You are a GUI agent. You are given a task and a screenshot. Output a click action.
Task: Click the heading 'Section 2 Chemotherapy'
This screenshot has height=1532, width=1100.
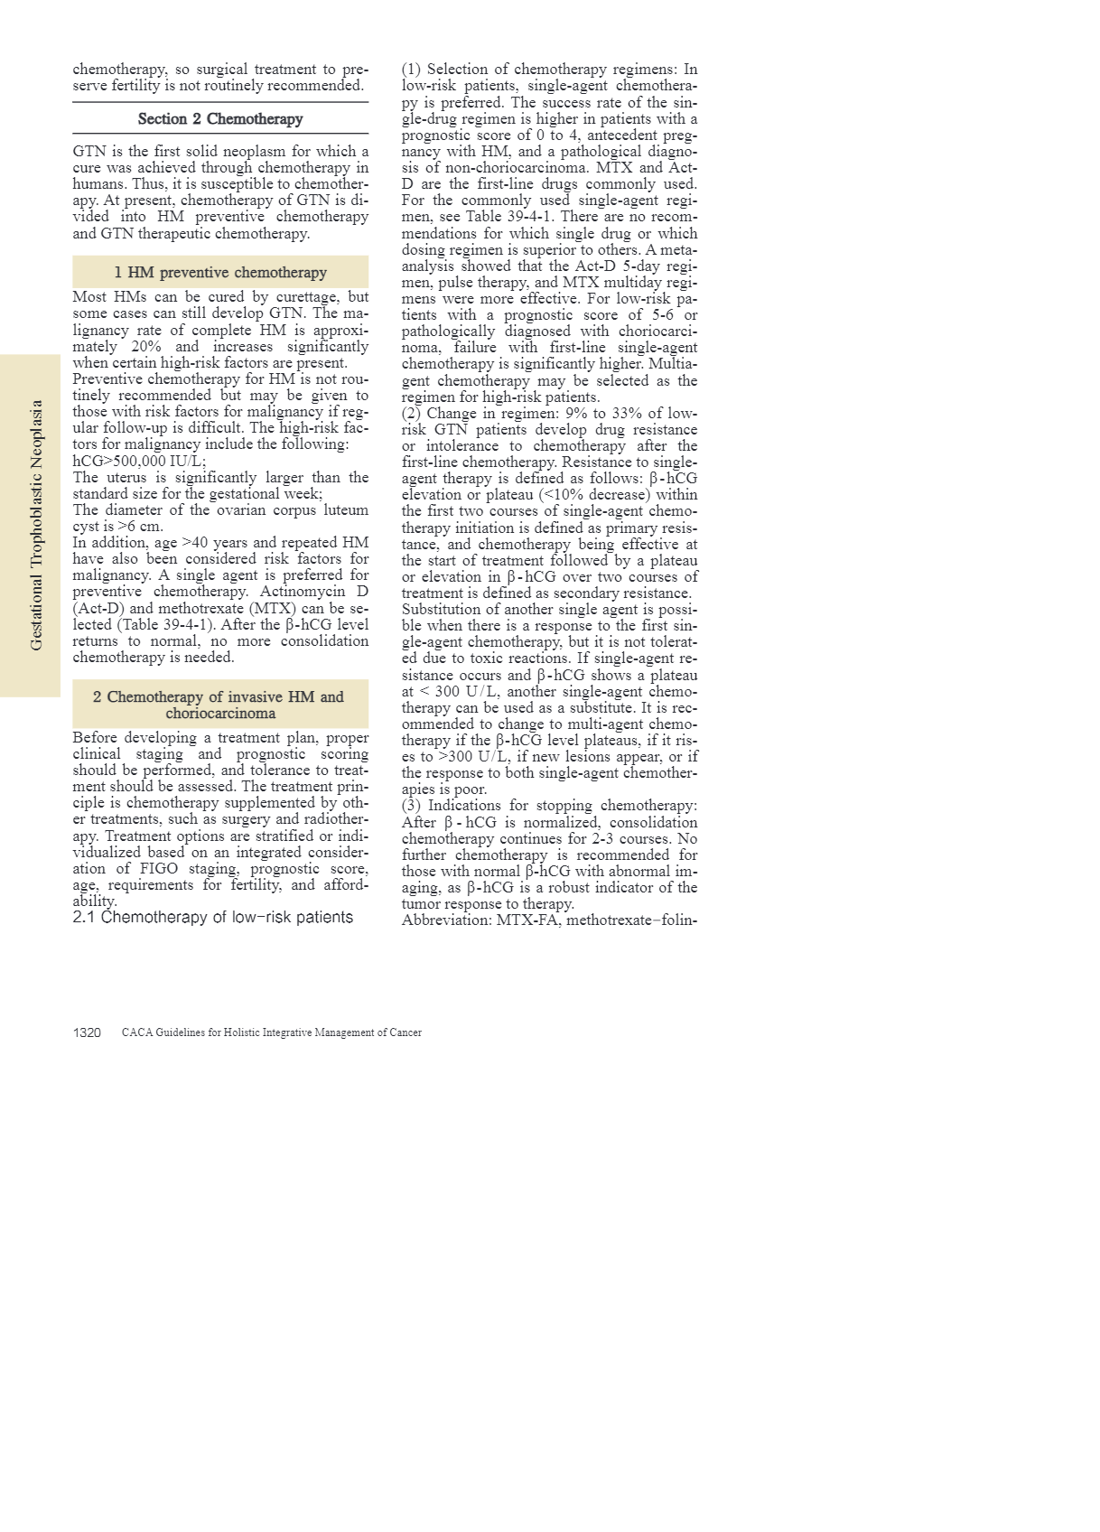(220, 119)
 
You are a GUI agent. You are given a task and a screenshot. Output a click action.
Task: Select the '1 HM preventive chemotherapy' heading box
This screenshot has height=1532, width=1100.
(220, 272)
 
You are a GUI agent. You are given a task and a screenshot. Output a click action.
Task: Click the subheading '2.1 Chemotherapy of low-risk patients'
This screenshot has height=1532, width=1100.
(213, 918)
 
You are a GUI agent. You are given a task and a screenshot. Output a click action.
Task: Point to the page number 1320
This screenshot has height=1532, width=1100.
(87, 1032)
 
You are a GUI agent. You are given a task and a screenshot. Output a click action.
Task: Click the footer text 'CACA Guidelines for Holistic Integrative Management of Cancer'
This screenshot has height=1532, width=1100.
(272, 1032)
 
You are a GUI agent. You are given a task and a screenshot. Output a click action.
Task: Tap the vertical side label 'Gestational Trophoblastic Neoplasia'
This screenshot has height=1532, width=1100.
(37, 526)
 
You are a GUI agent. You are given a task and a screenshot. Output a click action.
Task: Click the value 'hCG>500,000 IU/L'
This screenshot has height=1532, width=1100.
(139, 461)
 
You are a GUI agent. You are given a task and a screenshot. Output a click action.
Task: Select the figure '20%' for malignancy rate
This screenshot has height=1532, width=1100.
(145, 347)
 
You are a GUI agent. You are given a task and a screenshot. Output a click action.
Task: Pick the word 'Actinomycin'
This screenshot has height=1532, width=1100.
(303, 592)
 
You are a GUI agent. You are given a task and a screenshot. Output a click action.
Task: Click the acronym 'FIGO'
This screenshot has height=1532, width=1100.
(158, 869)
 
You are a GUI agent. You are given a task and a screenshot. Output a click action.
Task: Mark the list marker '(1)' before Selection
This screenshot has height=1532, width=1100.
(412, 70)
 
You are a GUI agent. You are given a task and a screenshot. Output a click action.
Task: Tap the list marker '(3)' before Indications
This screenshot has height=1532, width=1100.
(412, 806)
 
